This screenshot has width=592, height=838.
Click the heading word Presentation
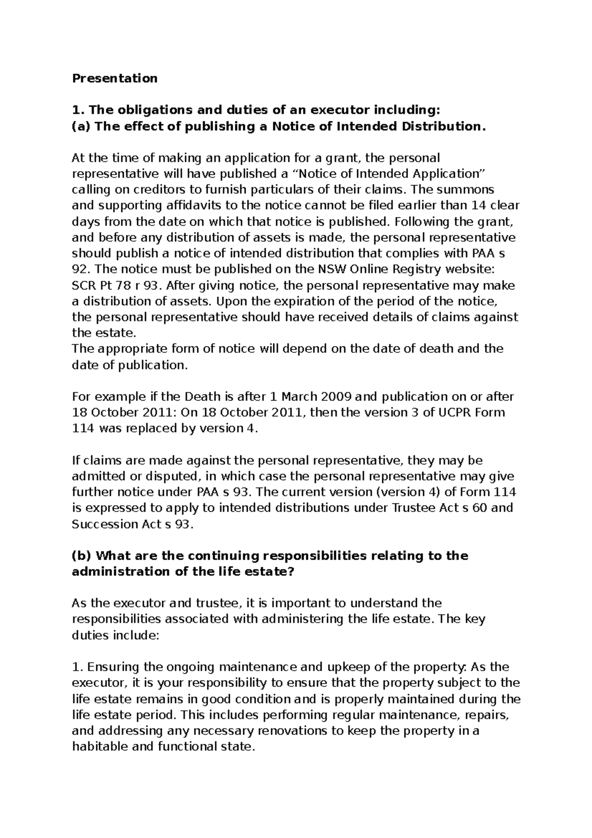114,78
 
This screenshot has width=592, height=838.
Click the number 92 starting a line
79,269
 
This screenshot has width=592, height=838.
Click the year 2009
336,397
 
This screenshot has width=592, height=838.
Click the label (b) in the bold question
81,556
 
